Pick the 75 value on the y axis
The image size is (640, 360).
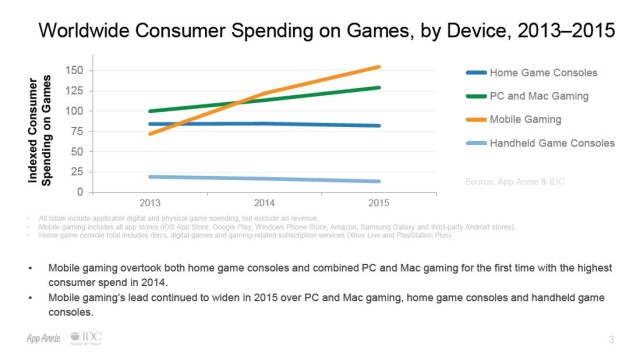click(x=74, y=131)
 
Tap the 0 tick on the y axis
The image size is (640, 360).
click(x=78, y=192)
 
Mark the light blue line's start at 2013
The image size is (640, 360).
click(x=149, y=176)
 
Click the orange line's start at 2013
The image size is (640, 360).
click(x=149, y=133)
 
